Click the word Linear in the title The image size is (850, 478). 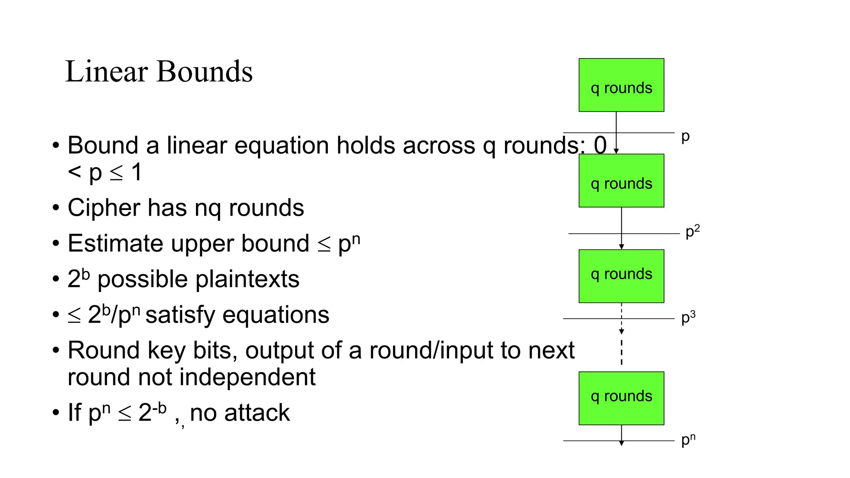coord(106,71)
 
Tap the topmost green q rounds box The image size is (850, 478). coord(621,85)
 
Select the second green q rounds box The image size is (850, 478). coord(621,180)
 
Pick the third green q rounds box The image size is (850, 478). coord(621,276)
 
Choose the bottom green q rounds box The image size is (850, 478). coord(621,398)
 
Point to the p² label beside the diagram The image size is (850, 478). coord(692,231)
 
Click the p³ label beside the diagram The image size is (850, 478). coord(688,317)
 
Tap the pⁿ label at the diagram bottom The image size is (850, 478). coord(688,440)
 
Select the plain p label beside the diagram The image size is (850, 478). coord(685,137)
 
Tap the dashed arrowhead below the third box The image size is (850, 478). coord(621,331)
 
